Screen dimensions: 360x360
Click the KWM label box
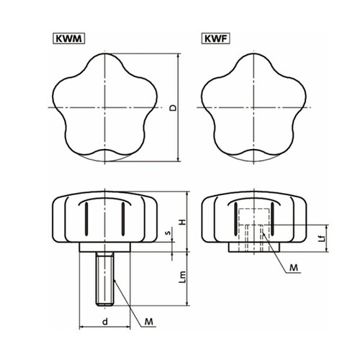click(x=68, y=39)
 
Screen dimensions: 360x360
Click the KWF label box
click(x=216, y=39)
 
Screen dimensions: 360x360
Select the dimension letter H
click(x=183, y=222)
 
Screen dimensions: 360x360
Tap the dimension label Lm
click(x=183, y=276)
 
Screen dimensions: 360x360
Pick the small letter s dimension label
click(x=168, y=233)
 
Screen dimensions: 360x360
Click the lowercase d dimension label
click(x=105, y=321)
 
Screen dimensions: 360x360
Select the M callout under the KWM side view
click(x=149, y=321)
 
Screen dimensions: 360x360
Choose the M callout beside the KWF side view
click(x=294, y=267)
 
